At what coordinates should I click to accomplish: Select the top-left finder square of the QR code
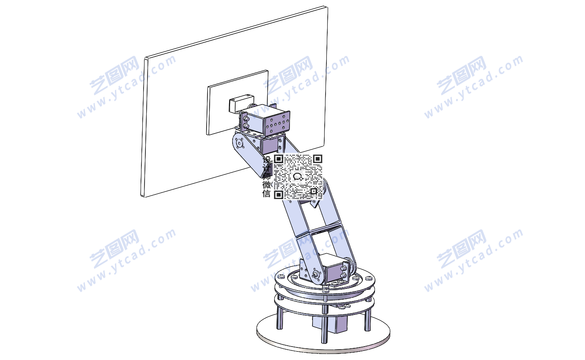pyautogui.click(x=279, y=159)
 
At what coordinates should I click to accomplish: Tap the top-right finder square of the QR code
pyautogui.click(x=317, y=159)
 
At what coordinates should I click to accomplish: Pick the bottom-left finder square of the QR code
pyautogui.click(x=279, y=194)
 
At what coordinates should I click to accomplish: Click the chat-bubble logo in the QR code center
pyautogui.click(x=298, y=177)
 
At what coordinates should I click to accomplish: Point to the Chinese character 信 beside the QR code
pyautogui.click(x=266, y=193)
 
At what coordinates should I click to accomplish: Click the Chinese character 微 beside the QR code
pyautogui.click(x=266, y=185)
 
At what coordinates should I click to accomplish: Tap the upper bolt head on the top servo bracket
pyautogui.click(x=246, y=119)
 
